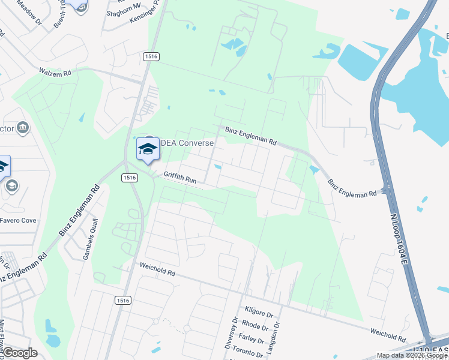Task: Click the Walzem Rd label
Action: tap(55, 71)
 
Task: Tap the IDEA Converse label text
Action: tap(187, 143)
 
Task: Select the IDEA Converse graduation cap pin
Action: tap(147, 150)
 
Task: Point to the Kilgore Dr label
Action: tap(259, 313)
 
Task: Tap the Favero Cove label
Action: tap(17, 221)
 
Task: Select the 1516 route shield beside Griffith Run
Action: tap(129, 177)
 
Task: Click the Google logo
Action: tap(20, 353)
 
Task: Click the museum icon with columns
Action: tap(23, 127)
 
